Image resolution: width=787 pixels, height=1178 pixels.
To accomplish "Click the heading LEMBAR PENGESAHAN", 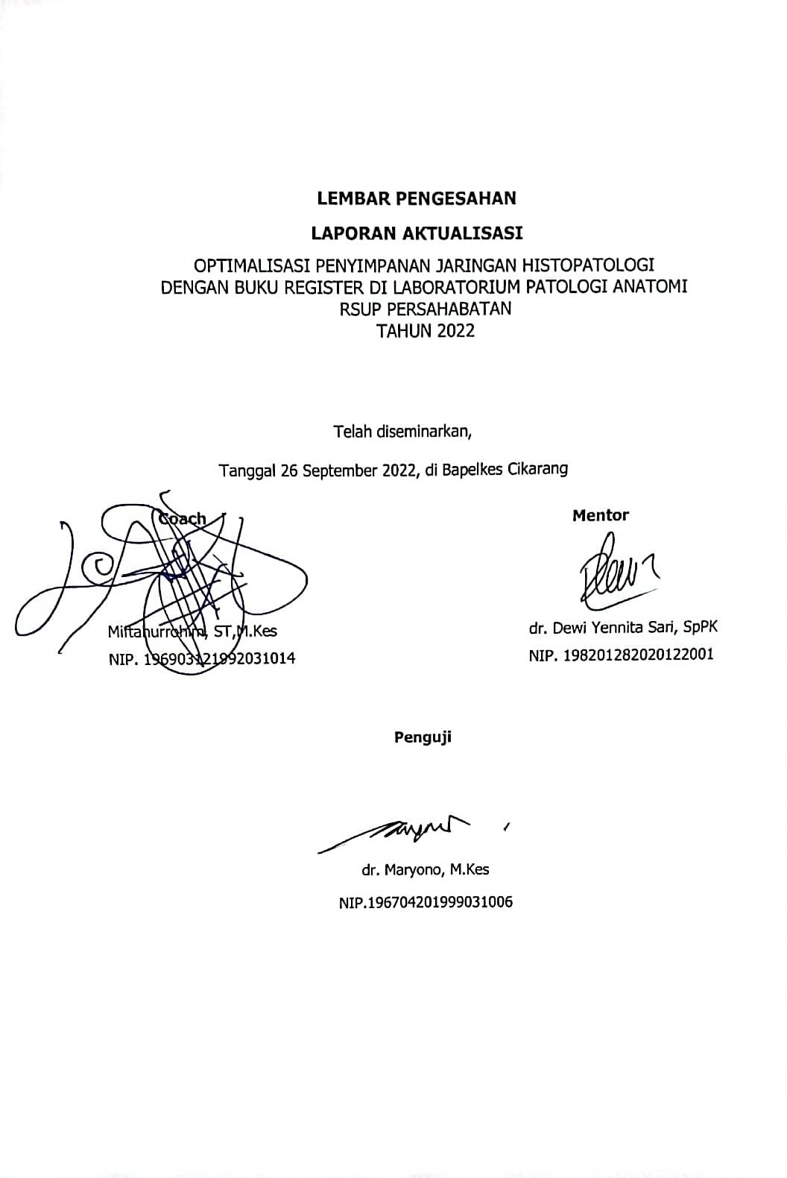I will [417, 198].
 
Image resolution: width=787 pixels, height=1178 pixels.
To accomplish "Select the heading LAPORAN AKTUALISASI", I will [417, 233].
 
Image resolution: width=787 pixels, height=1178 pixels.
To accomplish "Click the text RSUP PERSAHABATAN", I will [426, 309].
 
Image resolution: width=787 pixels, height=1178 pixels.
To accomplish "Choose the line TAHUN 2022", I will [426, 331].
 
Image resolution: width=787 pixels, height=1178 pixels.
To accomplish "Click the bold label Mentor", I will [600, 515].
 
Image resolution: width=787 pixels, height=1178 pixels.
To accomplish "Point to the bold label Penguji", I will [423, 737].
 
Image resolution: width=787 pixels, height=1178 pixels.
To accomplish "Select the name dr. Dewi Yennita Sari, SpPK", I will [623, 628].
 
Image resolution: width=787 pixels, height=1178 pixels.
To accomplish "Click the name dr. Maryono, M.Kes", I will [426, 869].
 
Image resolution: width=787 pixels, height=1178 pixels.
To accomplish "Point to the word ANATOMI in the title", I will [649, 286].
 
